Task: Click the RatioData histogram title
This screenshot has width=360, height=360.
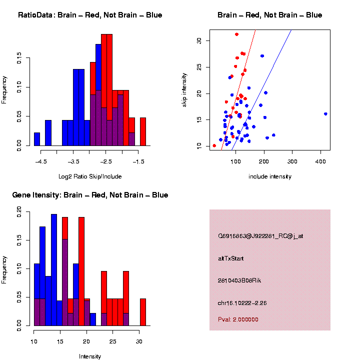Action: [x=90, y=15]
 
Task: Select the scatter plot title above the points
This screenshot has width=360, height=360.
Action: [x=269, y=15]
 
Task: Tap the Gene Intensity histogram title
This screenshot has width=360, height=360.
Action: [x=90, y=195]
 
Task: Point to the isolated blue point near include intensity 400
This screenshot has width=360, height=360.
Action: [x=325, y=114]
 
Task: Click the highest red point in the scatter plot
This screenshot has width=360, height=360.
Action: [x=236, y=34]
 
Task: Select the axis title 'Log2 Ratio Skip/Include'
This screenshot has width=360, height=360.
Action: [x=90, y=176]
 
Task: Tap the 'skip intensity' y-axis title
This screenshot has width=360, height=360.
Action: [x=184, y=89]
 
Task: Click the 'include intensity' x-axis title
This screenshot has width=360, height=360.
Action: [x=270, y=176]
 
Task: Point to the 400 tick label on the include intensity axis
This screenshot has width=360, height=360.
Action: [x=321, y=161]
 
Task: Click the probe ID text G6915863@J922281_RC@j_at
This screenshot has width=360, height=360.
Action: [x=260, y=236]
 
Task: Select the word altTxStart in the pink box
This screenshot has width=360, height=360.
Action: [x=231, y=258]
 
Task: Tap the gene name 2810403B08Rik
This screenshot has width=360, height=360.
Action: [x=239, y=280]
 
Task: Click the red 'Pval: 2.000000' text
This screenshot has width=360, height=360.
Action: [x=238, y=319]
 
